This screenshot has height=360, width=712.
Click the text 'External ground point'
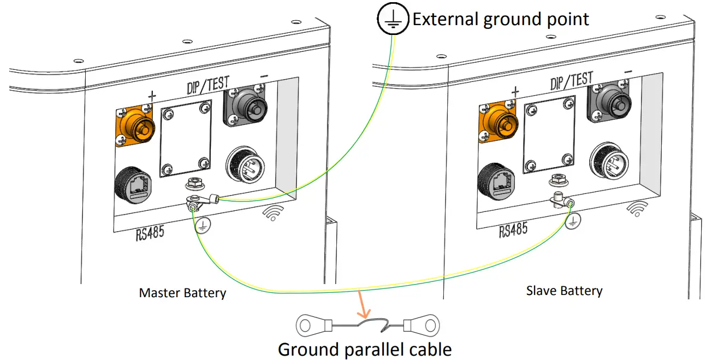coord(500,20)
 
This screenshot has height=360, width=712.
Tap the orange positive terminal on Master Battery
coord(136,125)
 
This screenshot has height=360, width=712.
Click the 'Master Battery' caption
coord(182,293)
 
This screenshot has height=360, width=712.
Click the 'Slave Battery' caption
coord(564,290)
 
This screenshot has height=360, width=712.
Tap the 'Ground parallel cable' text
coord(365,349)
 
